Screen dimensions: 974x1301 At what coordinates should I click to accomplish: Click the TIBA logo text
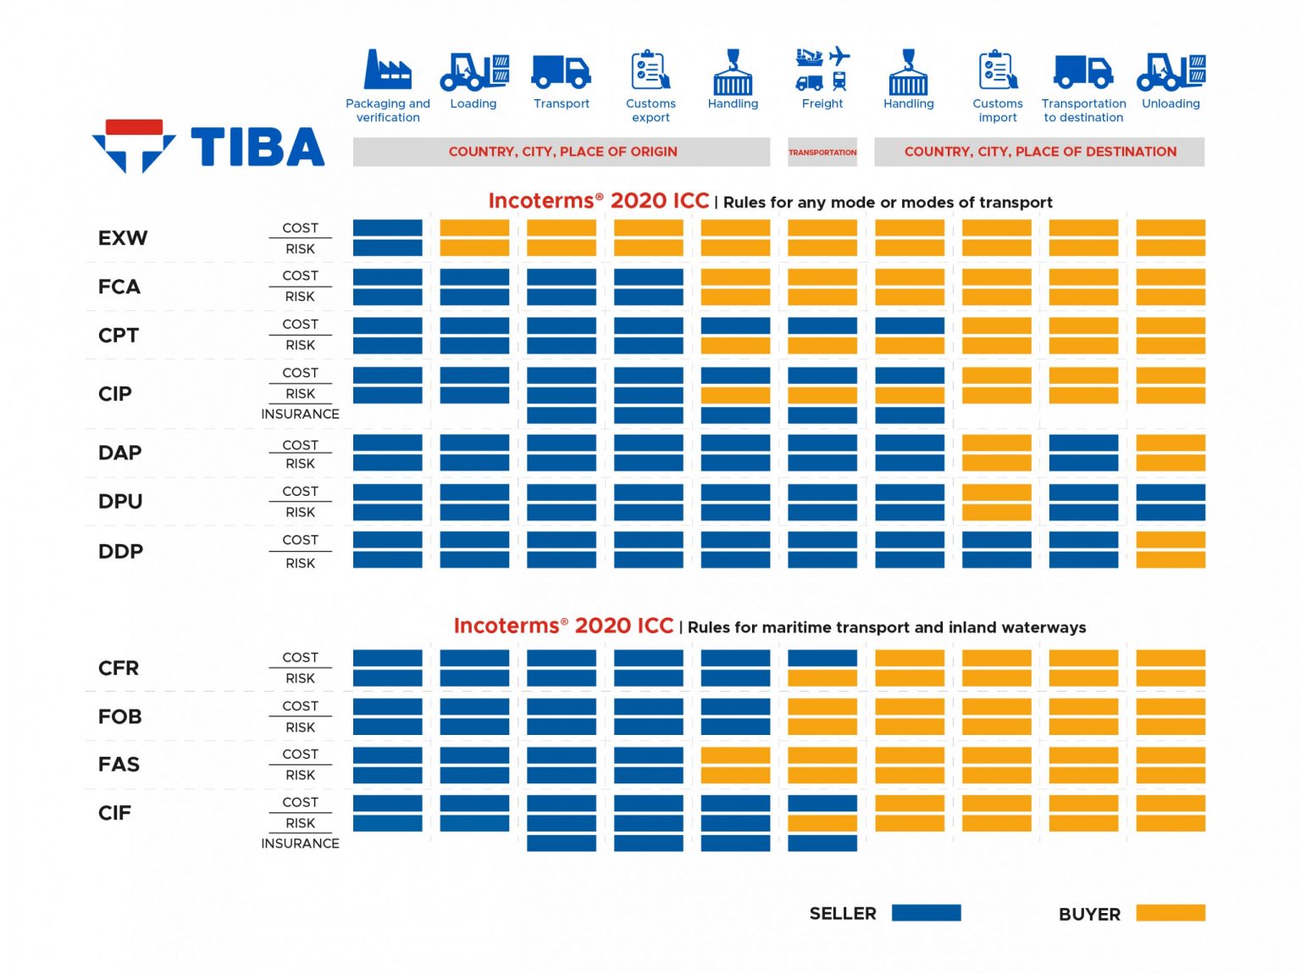click(x=257, y=147)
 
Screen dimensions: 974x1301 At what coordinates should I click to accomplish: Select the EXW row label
click(x=123, y=238)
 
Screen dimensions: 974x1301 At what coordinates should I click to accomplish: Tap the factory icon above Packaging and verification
click(x=387, y=70)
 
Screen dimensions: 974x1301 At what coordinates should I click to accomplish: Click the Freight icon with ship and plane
click(x=822, y=70)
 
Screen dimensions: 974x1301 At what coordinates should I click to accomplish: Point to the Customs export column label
click(x=650, y=110)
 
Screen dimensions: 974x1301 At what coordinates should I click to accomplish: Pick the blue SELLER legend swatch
click(x=926, y=913)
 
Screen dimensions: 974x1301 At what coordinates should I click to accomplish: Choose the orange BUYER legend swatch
click(x=1170, y=913)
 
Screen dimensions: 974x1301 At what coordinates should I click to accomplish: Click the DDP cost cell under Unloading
click(x=1170, y=540)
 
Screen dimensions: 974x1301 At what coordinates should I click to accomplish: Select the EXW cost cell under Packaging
click(x=387, y=228)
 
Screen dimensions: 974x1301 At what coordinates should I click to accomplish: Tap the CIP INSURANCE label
click(x=300, y=414)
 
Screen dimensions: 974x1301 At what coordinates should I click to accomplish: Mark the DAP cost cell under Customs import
click(x=996, y=443)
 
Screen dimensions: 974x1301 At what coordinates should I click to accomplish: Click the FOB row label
click(x=120, y=716)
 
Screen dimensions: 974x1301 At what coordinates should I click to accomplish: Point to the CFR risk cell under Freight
click(x=822, y=678)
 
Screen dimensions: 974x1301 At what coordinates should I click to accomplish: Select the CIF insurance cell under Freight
click(x=822, y=843)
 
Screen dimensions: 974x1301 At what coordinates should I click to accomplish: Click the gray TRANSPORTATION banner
click(x=822, y=153)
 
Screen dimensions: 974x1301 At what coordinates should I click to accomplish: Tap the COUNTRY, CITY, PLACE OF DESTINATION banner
click(x=1039, y=152)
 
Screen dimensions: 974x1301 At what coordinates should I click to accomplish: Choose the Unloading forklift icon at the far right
click(x=1171, y=71)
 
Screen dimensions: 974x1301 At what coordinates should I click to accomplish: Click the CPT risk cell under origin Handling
click(x=735, y=346)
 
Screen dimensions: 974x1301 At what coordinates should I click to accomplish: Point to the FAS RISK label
click(x=300, y=775)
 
